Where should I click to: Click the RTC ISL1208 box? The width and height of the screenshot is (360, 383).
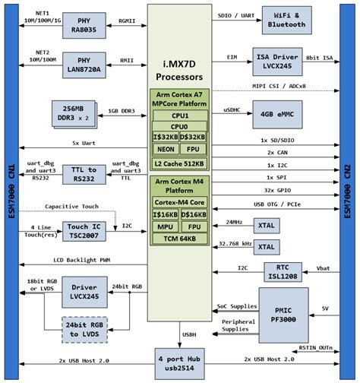[x=286, y=272]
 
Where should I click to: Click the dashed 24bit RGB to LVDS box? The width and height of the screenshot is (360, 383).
[x=84, y=328]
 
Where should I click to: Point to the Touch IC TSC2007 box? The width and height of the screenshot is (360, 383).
[x=84, y=231]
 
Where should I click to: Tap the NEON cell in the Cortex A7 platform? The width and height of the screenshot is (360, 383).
[x=166, y=149]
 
